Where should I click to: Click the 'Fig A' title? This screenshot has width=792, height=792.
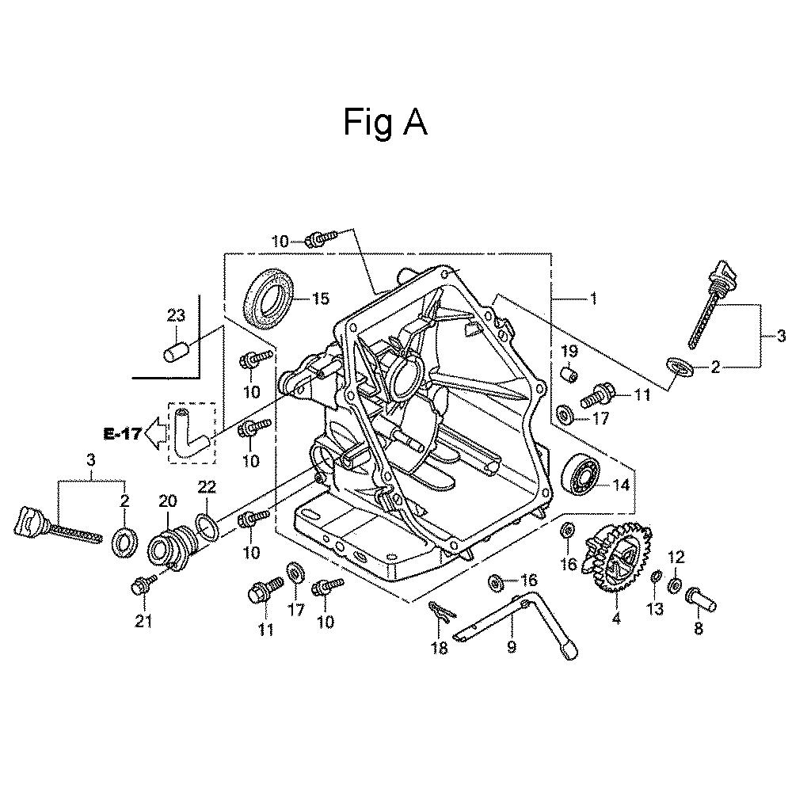pos(386,123)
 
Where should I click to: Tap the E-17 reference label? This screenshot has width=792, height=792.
pos(122,433)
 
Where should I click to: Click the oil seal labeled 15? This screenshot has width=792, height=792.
pos(268,299)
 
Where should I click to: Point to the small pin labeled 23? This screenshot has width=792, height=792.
pos(177,352)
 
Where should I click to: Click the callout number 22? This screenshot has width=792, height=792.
pos(207,487)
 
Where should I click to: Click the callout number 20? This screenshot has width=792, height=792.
pos(168,501)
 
